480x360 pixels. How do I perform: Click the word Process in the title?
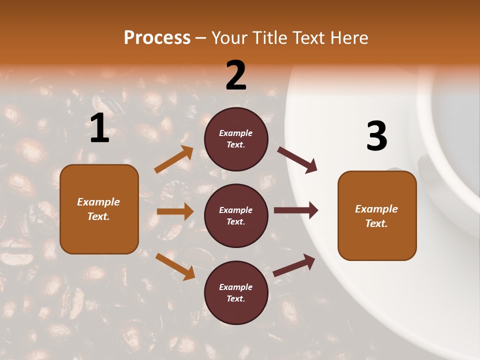click(x=157, y=38)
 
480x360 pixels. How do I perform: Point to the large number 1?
click(x=99, y=128)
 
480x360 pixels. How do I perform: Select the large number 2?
click(x=236, y=75)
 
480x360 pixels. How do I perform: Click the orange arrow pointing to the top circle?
click(x=174, y=159)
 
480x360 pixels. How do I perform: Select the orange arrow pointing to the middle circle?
click(x=175, y=211)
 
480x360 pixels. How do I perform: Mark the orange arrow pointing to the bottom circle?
click(x=175, y=266)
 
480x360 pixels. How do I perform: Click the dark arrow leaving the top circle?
click(x=297, y=159)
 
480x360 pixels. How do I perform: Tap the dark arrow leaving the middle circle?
click(x=296, y=210)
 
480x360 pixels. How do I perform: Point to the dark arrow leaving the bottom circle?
click(x=294, y=265)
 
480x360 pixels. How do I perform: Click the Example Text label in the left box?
click(x=98, y=209)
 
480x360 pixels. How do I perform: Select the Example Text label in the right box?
click(x=376, y=216)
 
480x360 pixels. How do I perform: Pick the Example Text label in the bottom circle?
click(x=235, y=293)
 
